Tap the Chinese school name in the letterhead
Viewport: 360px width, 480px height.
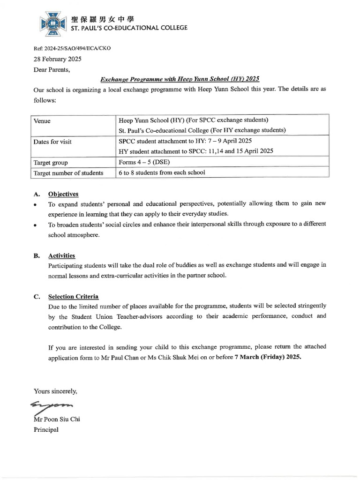click(102, 19)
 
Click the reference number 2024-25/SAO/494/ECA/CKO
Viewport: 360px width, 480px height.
click(72, 48)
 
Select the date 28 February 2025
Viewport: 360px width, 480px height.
click(57, 59)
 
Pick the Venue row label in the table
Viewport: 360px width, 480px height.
click(42, 120)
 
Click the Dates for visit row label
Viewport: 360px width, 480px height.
click(52, 142)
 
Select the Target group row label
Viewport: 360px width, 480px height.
click(51, 163)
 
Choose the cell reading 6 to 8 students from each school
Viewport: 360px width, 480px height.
click(162, 172)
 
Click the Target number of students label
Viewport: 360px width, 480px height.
click(68, 173)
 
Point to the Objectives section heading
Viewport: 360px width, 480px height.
click(63, 194)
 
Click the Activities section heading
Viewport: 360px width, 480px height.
click(61, 255)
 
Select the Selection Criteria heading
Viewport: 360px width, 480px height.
click(73, 297)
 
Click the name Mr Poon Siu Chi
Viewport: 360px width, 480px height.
click(57, 419)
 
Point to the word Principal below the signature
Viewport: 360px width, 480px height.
click(46, 429)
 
